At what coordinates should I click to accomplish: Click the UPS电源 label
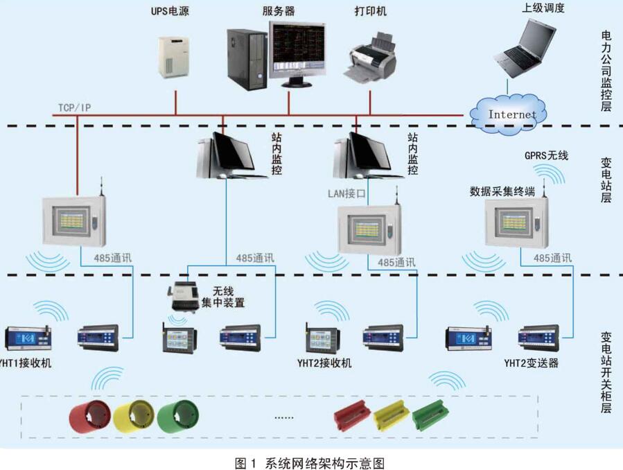[x=170, y=12]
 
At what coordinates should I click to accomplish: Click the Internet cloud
[x=511, y=113]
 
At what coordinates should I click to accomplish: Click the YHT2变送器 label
[x=531, y=363]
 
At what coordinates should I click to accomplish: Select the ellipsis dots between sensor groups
[x=284, y=418]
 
